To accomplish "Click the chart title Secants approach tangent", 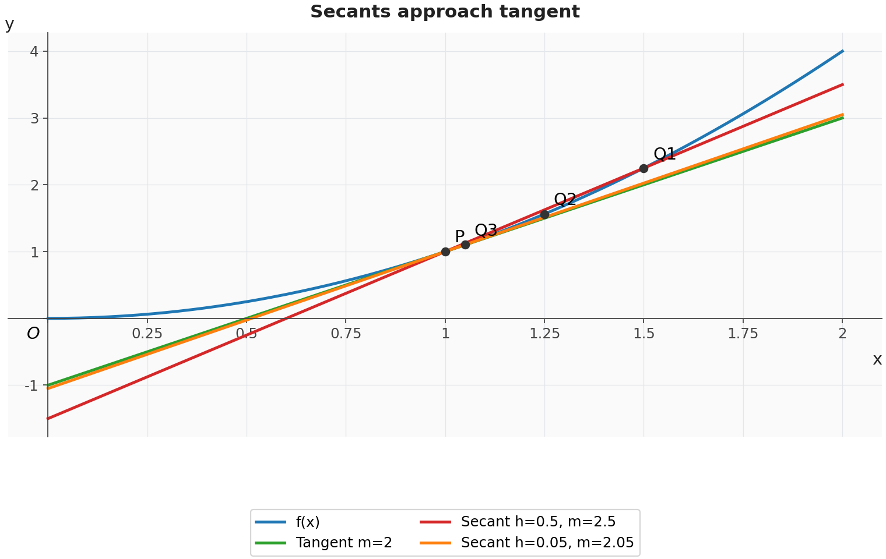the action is pos(445,12).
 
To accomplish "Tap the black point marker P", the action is pos(445,252).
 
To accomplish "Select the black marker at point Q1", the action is pos(644,169).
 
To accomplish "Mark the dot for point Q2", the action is pos(544,214).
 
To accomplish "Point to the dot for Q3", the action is pos(465,245).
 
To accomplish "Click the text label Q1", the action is pos(664,154).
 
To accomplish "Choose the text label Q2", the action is pos(565,200).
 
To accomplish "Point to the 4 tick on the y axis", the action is pos(35,51).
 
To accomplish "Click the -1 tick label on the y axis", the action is pos(31,385).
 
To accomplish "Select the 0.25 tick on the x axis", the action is pos(147,334).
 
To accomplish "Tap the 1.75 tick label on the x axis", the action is pos(743,334).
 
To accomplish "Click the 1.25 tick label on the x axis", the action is pos(544,334).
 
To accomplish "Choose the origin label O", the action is pos(33,334).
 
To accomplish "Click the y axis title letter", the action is pos(9,24).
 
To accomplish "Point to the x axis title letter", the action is pos(877,359).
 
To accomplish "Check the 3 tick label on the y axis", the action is pos(35,119).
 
